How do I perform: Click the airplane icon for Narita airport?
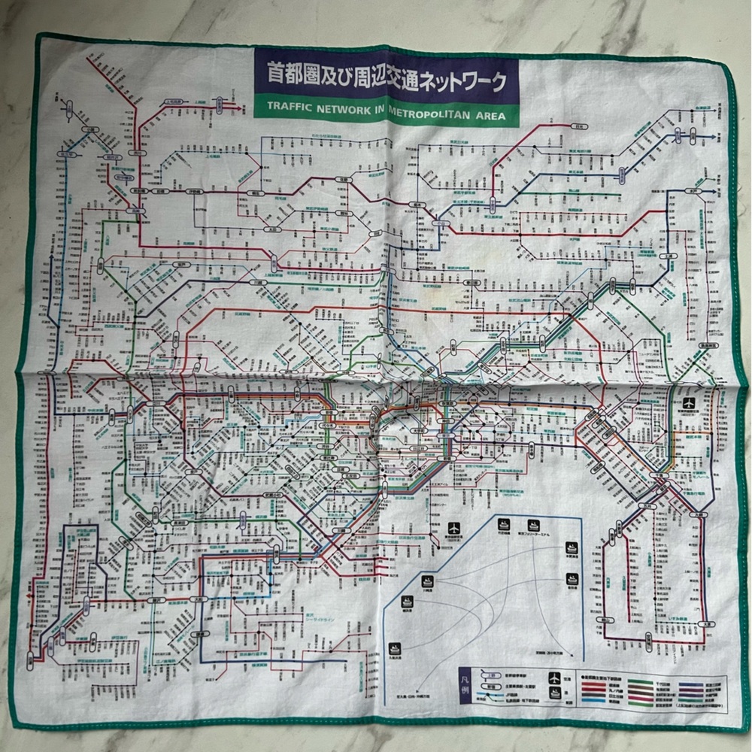click(x=688, y=402)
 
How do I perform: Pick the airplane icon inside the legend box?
click(x=554, y=678)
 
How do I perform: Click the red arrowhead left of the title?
click(x=240, y=108)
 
